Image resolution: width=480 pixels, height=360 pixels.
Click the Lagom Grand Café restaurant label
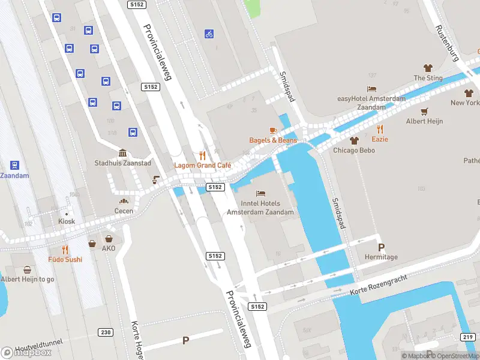[202, 165]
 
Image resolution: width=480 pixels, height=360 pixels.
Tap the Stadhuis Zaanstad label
[122, 163]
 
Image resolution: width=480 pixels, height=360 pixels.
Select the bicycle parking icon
[209, 34]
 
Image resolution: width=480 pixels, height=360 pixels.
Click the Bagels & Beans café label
[273, 140]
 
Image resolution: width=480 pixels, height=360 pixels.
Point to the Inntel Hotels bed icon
[260, 193]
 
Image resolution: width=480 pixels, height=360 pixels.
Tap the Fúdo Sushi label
[65, 259]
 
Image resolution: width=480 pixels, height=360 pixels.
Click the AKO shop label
[109, 248]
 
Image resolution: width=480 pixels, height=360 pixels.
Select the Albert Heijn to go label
[28, 279]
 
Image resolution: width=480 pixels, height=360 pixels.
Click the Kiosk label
[67, 221]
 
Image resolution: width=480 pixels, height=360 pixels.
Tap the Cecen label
[124, 211]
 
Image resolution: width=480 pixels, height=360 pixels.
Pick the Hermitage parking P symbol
[381, 247]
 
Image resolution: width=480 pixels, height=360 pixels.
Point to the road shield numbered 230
[106, 332]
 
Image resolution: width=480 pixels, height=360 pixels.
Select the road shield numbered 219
[468, 337]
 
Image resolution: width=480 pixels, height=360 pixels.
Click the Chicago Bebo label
[354, 150]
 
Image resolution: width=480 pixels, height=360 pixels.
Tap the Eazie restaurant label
[380, 139]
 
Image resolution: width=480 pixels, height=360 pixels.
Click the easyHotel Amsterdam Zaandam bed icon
[371, 89]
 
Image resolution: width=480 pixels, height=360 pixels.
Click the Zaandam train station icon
[15, 165]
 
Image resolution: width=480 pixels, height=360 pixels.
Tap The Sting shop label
[428, 78]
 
